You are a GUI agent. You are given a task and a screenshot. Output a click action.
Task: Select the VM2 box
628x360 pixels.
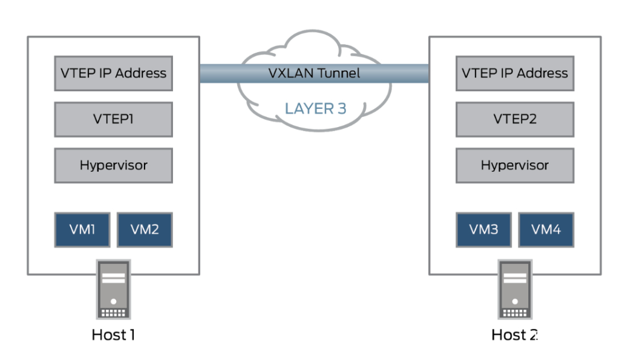point(145,230)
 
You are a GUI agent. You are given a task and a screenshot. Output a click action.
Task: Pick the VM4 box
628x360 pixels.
point(546,230)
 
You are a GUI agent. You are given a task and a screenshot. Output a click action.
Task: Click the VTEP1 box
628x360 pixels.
point(113,119)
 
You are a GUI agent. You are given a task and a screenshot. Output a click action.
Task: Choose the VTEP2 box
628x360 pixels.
point(515,119)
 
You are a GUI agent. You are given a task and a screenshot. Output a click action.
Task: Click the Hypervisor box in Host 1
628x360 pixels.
point(113,165)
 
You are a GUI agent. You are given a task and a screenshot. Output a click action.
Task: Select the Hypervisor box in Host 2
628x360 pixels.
point(515,165)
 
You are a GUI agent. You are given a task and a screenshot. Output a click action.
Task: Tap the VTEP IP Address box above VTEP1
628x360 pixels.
point(113,73)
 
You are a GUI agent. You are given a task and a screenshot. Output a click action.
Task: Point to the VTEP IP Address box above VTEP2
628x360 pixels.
point(515,73)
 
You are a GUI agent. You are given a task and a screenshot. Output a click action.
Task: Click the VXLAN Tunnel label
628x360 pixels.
point(314,73)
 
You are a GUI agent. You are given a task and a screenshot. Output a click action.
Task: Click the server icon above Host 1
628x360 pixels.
point(113,290)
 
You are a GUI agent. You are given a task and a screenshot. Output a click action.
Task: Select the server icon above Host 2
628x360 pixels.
point(515,290)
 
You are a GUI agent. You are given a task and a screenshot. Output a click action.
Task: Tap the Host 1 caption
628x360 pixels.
point(113,334)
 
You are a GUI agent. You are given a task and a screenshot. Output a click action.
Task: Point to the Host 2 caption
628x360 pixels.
point(514,334)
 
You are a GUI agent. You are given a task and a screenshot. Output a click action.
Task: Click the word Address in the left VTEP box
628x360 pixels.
point(140,73)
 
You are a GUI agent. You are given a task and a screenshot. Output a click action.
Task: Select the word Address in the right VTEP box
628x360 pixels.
point(542,73)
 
